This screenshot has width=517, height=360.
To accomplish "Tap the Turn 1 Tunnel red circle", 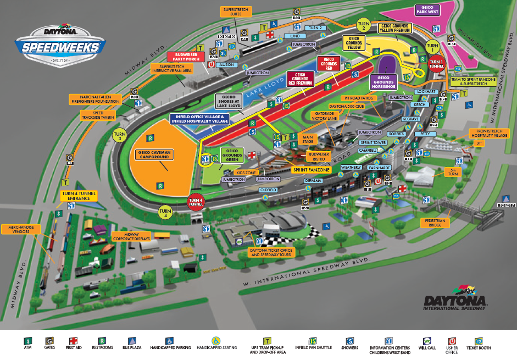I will click(437, 65).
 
